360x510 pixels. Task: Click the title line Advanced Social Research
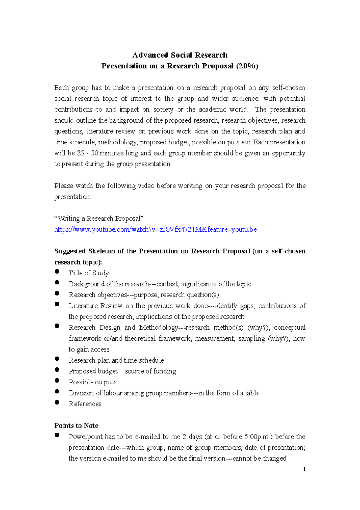tap(180, 55)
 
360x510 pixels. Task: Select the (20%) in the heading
tap(247, 66)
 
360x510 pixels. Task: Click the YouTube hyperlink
tap(155, 229)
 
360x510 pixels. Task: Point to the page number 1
tap(304, 469)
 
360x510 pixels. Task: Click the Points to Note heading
tap(76, 426)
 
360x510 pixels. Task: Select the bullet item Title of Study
tap(89, 273)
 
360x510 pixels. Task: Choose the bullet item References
tap(85, 404)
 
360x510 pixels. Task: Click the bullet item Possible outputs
tap(92, 382)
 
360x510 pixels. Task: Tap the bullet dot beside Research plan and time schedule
tap(57, 359)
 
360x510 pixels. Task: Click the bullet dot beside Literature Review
tap(57, 304)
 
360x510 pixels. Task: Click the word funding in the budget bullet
tap(165, 371)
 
